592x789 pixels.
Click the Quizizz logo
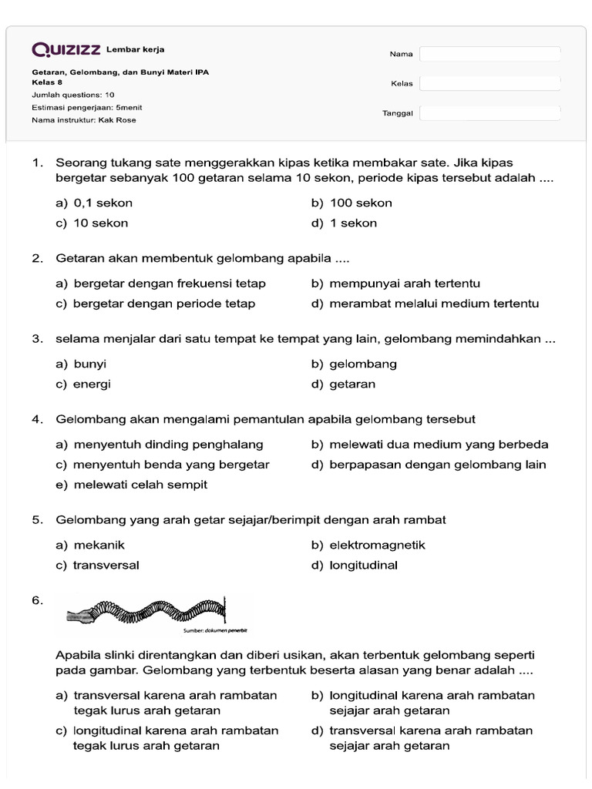click(x=66, y=50)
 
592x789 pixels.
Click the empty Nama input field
click(x=490, y=54)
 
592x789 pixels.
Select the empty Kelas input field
click(x=490, y=83)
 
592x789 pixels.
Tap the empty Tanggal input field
click(x=490, y=113)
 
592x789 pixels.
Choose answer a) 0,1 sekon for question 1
click(x=94, y=203)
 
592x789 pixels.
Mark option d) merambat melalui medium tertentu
click(x=425, y=304)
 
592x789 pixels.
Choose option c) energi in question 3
click(x=83, y=384)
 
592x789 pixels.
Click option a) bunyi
click(x=81, y=364)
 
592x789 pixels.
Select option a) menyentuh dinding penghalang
click(x=160, y=445)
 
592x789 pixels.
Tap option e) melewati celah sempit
click(x=131, y=485)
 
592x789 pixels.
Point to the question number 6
click(x=38, y=600)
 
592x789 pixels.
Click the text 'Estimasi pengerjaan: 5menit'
click(x=86, y=108)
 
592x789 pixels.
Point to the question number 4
click(x=37, y=419)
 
